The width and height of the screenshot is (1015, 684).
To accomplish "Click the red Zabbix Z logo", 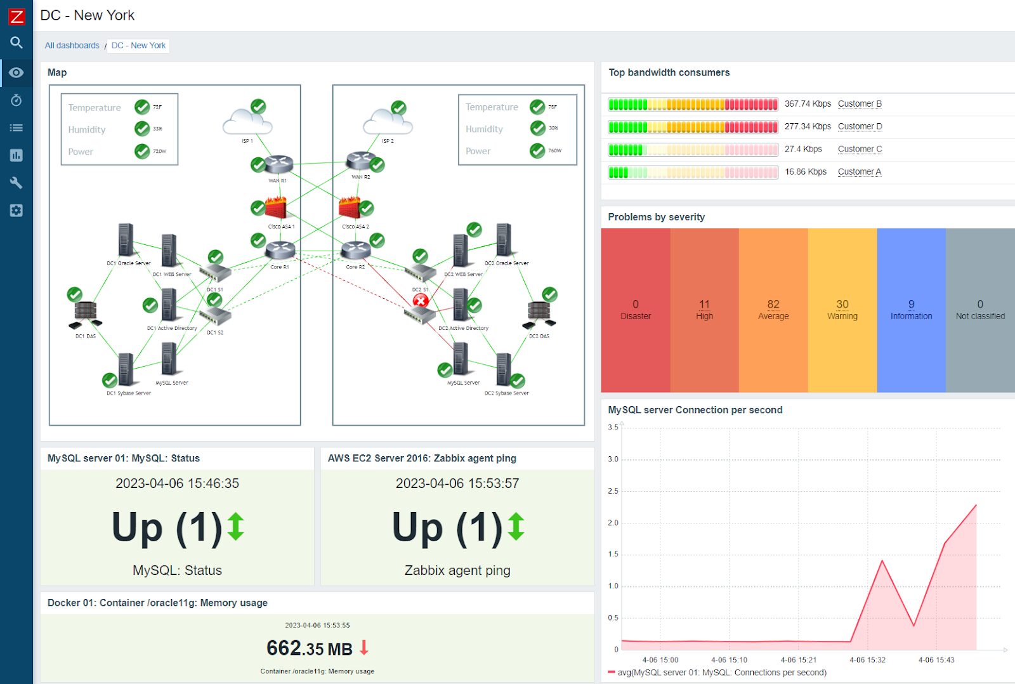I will tap(16, 16).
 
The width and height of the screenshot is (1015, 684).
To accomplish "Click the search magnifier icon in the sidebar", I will tap(16, 43).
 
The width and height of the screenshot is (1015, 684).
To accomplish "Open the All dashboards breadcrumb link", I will tap(72, 46).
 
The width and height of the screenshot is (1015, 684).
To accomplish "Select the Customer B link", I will tap(859, 104).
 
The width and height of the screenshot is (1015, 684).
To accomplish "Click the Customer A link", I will tap(859, 172).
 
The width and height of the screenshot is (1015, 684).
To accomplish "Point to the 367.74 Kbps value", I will tap(807, 104).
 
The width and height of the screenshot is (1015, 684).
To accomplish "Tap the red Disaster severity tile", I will tap(635, 310).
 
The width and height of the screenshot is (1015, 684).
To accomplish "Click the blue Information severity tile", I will tap(911, 310).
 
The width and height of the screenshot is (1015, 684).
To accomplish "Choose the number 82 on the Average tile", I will tap(773, 304).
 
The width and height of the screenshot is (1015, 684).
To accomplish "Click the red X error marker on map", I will tap(420, 301).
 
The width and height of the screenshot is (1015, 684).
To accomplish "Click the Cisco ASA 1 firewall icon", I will tap(277, 208).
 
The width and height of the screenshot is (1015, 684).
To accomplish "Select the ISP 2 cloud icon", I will tap(387, 122).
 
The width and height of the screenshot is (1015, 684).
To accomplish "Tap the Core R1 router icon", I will tap(280, 250).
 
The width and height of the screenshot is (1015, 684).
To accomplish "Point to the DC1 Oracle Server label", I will tap(128, 263).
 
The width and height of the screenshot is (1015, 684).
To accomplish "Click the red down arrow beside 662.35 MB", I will tap(363, 647).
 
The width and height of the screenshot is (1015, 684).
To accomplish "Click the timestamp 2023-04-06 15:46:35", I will tap(177, 483).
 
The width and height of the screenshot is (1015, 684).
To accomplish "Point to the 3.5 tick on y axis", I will tap(613, 428).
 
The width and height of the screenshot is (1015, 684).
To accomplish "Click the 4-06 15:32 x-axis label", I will tap(867, 660).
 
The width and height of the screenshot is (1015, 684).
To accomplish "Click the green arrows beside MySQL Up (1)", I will tap(235, 527).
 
